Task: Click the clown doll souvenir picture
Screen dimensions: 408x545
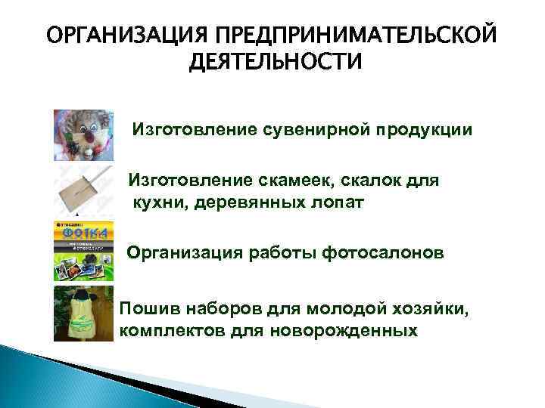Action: (83, 135)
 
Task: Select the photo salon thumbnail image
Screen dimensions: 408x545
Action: (83, 251)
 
